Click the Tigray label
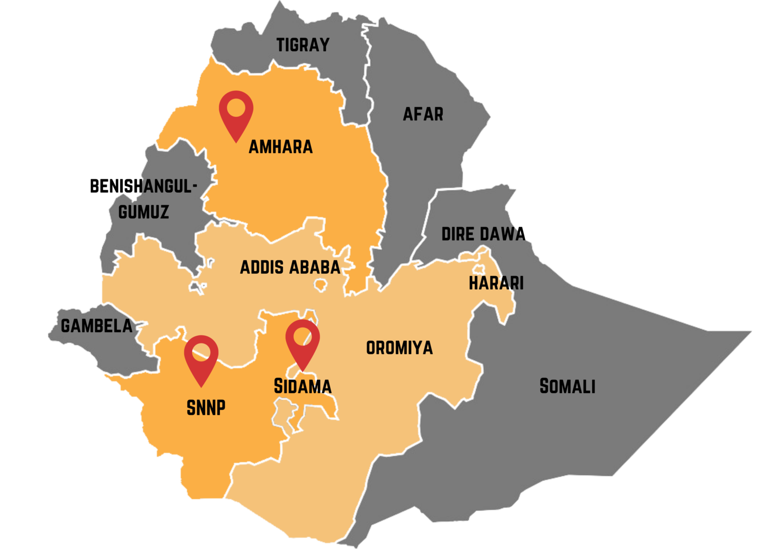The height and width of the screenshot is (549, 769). (302, 45)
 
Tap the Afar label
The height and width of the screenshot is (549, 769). (423, 114)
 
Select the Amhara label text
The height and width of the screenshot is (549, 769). (280, 147)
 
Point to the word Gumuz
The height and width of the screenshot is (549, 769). (144, 212)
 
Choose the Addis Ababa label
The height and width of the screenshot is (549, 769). (290, 267)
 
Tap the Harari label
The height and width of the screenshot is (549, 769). (496, 283)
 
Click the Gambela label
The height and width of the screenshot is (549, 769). (96, 326)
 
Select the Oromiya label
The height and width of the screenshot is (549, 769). (399, 348)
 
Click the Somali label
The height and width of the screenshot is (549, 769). (567, 386)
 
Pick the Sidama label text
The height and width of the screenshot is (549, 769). (302, 387)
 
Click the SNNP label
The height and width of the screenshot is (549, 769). (206, 408)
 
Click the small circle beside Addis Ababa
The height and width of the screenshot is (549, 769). (321, 284)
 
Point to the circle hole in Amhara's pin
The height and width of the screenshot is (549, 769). (236, 107)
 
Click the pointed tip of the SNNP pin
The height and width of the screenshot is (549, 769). (201, 386)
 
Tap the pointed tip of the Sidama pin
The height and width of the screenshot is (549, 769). (302, 371)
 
